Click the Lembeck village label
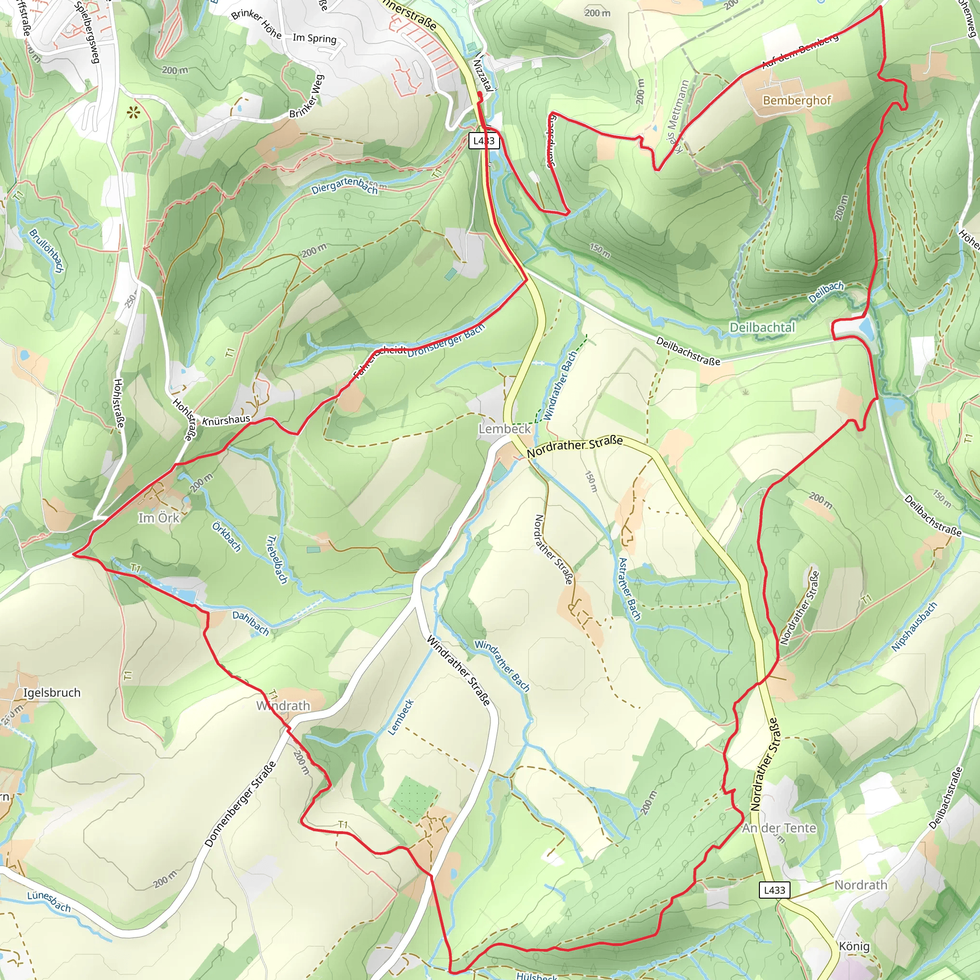(504, 429)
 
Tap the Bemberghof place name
(796, 100)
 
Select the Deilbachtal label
(762, 328)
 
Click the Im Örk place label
(159, 518)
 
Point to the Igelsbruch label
(52, 693)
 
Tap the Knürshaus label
(226, 420)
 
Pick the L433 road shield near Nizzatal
(484, 141)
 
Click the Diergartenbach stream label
(345, 186)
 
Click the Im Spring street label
(314, 38)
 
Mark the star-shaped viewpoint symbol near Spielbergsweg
(134, 112)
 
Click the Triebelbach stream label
(277, 559)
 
